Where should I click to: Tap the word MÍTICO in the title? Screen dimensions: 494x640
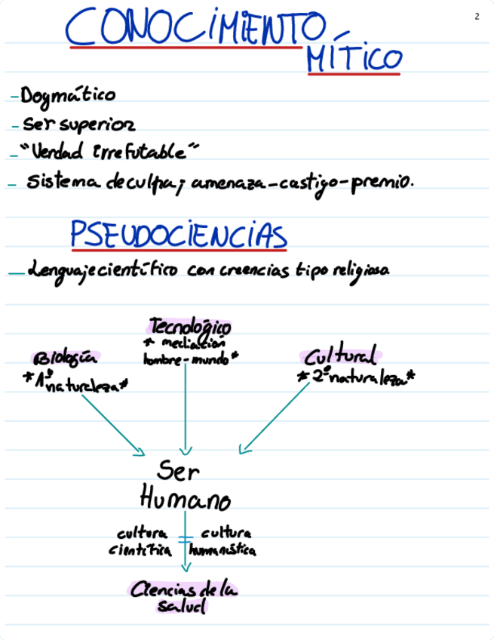point(353,59)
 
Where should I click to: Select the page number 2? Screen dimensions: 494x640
point(477,17)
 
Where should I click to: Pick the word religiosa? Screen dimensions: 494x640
point(359,270)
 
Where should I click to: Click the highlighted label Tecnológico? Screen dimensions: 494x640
point(190,327)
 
